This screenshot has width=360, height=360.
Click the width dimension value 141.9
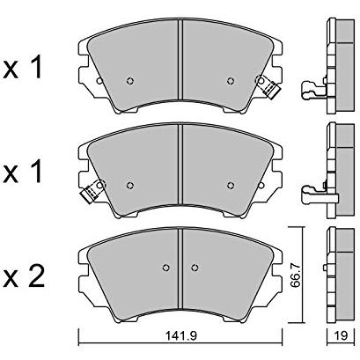tap(182, 336)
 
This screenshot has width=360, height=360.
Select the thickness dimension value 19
tap(341, 336)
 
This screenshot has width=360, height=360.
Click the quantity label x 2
tap(24, 276)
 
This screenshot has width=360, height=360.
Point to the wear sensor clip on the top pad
tap(268, 85)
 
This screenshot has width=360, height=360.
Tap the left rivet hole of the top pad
tap(130, 81)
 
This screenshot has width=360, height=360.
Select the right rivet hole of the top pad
tap(231, 81)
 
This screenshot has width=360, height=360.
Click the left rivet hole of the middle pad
tap(130, 185)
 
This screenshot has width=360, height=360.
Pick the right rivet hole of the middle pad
tap(231, 185)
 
